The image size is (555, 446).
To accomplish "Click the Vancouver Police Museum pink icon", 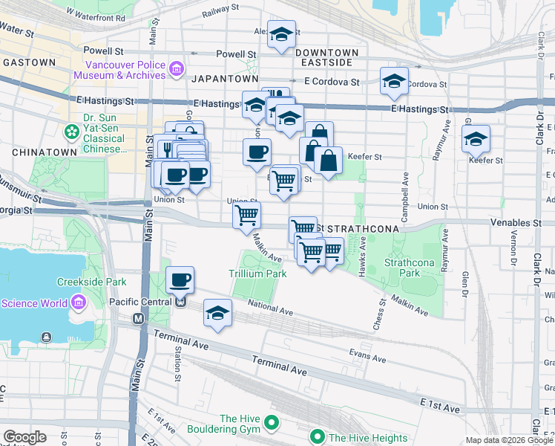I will tap(177, 70).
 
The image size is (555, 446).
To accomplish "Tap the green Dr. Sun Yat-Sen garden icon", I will tap(72, 132).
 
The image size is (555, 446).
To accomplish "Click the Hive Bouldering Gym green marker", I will tap(272, 424).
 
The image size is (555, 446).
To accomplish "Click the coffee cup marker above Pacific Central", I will tap(180, 279).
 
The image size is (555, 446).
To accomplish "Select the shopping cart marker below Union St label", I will tap(246, 216).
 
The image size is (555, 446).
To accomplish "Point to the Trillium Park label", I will tap(257, 274).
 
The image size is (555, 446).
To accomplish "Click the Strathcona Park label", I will tap(403, 268).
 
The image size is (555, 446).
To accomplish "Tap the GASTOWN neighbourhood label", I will tap(30, 63).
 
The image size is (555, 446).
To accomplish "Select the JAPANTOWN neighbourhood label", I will tap(225, 79).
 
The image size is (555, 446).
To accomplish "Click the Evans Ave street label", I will tap(367, 358).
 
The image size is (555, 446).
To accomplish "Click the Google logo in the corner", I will tap(24, 436).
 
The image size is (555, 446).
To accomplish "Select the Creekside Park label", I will tap(92, 282).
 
